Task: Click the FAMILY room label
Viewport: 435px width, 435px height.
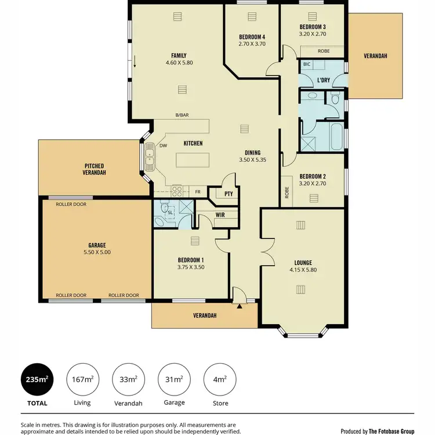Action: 179,56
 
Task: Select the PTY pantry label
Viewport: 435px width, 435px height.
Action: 220,194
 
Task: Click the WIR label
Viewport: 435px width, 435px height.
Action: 220,215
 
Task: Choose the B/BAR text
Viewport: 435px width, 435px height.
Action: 182,115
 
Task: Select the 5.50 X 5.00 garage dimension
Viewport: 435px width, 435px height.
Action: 97,252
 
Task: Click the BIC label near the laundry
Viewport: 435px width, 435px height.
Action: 307,64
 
